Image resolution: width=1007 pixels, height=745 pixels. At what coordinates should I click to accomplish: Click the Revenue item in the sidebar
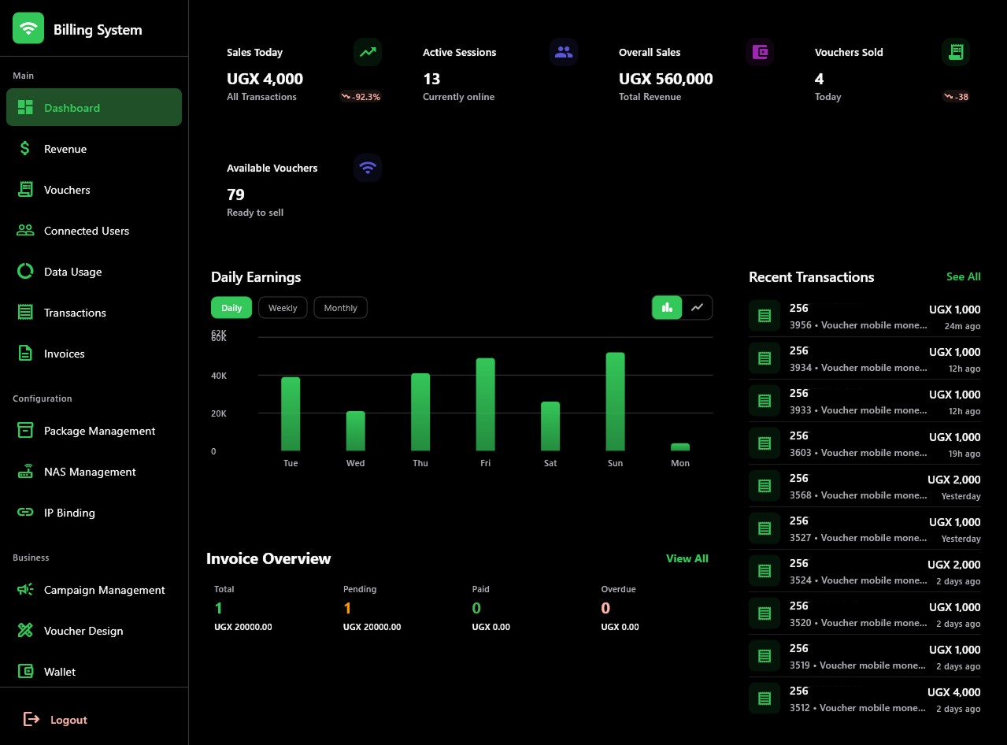tap(65, 149)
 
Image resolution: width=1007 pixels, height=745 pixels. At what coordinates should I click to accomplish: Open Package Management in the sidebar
tap(99, 431)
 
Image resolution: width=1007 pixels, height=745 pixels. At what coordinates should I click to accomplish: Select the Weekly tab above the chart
tap(283, 308)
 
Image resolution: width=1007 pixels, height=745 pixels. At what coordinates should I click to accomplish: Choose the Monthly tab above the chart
tap(340, 308)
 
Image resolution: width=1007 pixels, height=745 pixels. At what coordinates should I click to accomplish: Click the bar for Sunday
tap(615, 402)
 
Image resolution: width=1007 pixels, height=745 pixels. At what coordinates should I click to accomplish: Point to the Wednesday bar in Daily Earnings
tap(355, 431)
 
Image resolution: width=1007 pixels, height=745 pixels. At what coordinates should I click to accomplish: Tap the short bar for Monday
tap(679, 447)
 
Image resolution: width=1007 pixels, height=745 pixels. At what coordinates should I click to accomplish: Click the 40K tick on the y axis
tap(219, 376)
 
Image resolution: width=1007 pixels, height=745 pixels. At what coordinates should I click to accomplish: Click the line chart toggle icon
tap(697, 307)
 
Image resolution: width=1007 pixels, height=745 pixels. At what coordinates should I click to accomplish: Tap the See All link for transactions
tap(963, 276)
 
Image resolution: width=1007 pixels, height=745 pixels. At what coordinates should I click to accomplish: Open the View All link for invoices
tap(687, 558)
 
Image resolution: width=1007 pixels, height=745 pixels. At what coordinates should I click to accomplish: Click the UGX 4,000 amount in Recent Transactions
tap(953, 692)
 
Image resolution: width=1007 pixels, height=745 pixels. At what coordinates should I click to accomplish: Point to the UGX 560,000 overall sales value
tap(665, 79)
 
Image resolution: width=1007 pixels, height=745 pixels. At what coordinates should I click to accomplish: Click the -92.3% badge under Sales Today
tap(361, 97)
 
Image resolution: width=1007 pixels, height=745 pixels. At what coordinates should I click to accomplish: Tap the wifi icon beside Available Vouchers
tap(367, 168)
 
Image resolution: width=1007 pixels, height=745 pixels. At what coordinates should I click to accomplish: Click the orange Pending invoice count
tap(347, 608)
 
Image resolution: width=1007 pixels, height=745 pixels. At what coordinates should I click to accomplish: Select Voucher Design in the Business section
tap(83, 631)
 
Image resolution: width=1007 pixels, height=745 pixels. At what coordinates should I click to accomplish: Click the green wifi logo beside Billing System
tap(28, 29)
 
